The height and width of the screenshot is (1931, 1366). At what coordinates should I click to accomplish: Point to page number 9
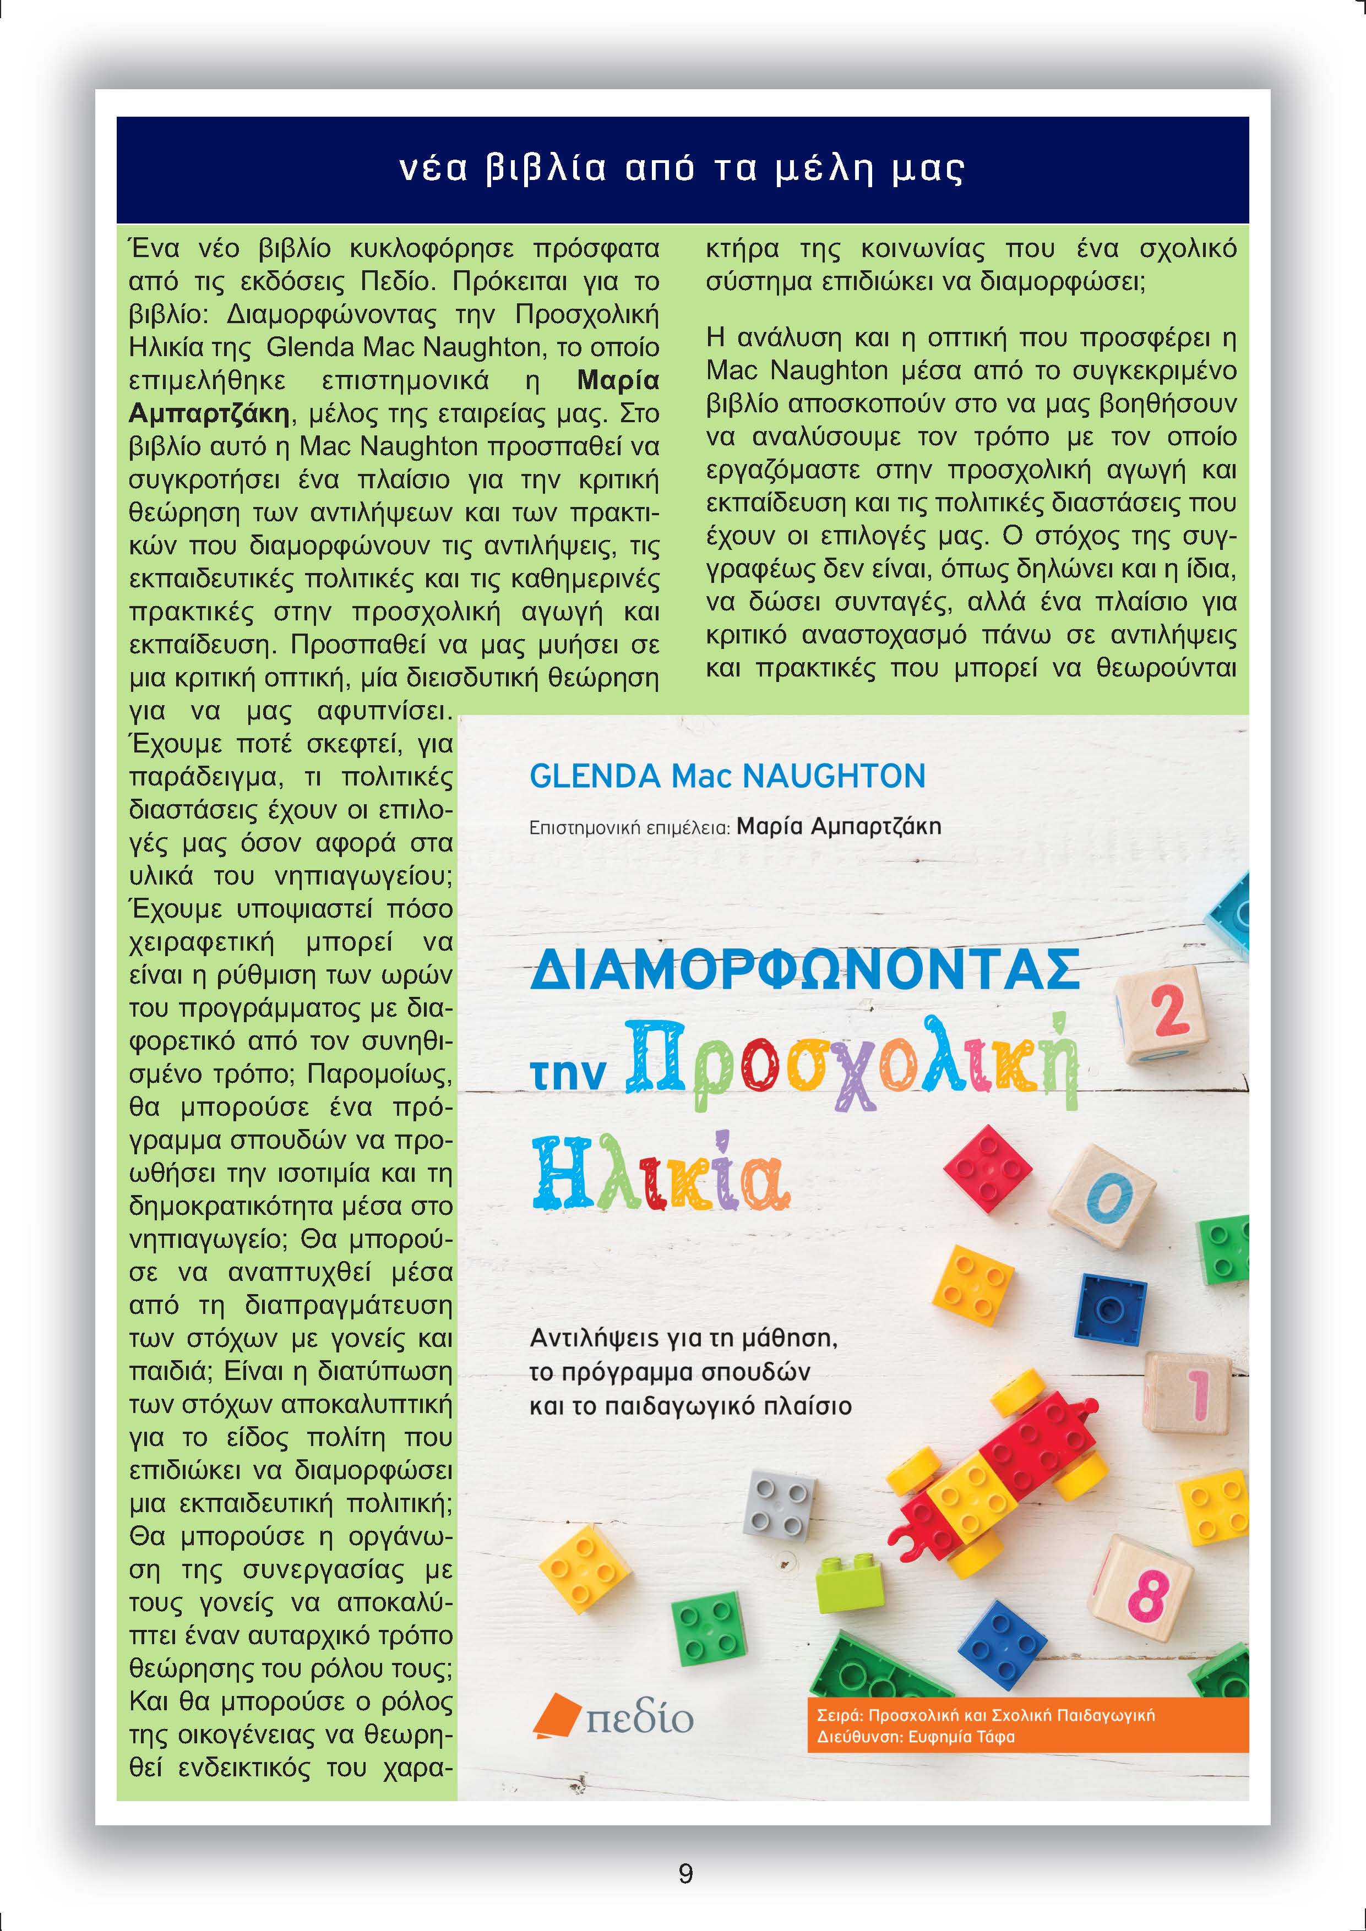coord(685,1874)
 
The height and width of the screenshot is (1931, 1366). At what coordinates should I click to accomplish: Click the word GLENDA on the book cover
coord(596,776)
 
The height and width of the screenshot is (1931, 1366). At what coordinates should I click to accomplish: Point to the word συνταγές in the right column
coord(895,602)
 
